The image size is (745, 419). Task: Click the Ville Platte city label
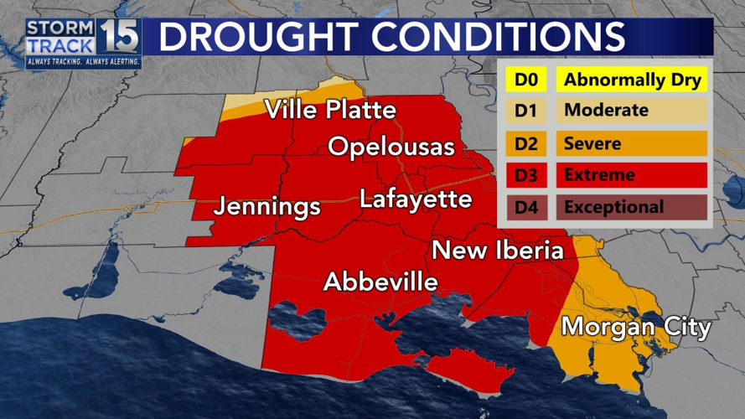pos(331,111)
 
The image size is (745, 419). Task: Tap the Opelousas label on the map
pos(391,147)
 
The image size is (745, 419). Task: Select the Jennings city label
pos(266,206)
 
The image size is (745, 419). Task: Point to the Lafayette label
pos(416,199)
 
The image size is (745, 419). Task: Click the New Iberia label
pos(498,250)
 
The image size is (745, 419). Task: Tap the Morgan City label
pos(636,327)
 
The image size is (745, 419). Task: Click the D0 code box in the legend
pos(525,80)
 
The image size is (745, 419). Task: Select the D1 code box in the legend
pos(525,111)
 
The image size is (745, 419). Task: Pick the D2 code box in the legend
pos(525,143)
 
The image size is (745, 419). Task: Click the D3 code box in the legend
pos(525,175)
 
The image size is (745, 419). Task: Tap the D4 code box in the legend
pos(525,207)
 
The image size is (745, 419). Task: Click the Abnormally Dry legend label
pos(633,80)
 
